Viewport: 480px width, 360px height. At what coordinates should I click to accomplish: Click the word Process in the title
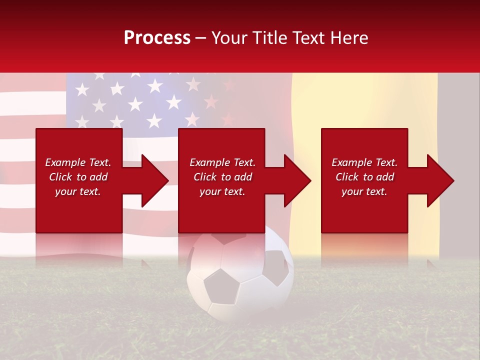click(x=157, y=38)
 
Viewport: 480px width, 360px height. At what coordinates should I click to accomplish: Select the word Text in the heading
click(x=306, y=38)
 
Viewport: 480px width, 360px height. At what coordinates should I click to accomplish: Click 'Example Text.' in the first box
click(x=78, y=162)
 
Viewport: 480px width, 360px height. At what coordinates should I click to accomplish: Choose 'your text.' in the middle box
click(x=222, y=191)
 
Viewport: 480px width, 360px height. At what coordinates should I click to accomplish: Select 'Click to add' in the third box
click(x=364, y=177)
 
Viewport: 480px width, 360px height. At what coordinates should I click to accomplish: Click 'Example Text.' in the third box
click(x=364, y=162)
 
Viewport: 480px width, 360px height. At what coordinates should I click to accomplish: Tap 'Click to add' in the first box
click(x=78, y=177)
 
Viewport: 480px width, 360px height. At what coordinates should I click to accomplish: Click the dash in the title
click(x=201, y=38)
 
